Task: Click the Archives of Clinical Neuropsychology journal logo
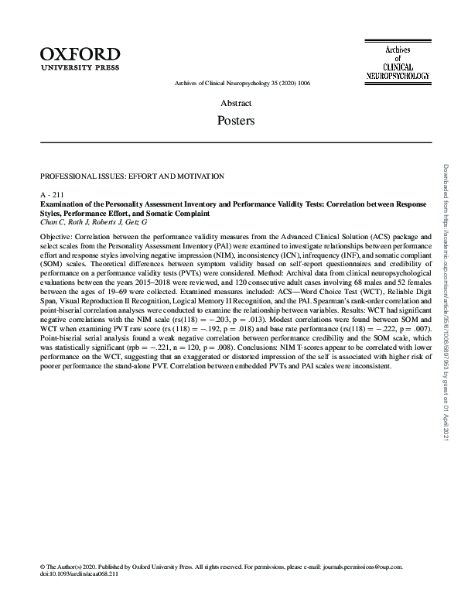397,62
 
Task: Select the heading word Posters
236,121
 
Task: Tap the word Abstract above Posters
236,103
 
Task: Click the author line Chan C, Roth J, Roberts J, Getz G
93,222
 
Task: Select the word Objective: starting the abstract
57,235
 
